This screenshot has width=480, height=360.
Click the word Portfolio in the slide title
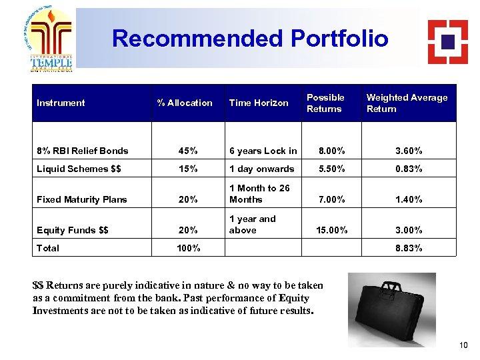tap(339, 39)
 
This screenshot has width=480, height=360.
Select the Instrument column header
tap(61, 103)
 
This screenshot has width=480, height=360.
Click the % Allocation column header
tap(185, 103)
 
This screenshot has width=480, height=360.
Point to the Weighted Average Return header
tap(407, 103)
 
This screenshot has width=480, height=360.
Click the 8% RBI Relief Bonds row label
tap(83, 151)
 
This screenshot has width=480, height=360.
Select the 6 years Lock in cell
tap(263, 151)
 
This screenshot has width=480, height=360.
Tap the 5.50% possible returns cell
tap(331, 169)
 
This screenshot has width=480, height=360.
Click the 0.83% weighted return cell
tap(407, 169)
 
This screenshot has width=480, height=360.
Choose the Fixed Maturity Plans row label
tap(82, 199)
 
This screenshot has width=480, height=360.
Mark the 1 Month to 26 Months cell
tap(259, 194)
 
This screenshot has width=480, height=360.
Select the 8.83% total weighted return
tap(407, 248)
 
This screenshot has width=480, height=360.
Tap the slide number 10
tap(464, 345)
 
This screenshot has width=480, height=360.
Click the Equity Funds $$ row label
tap(73, 230)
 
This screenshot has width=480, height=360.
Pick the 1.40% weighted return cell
tap(407, 199)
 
